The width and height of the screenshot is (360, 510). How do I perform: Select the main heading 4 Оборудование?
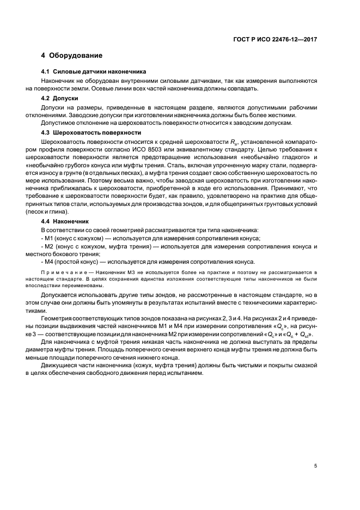(71, 56)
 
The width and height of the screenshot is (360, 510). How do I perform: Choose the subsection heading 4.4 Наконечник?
(69, 222)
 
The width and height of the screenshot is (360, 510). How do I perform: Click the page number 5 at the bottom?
(315, 465)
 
